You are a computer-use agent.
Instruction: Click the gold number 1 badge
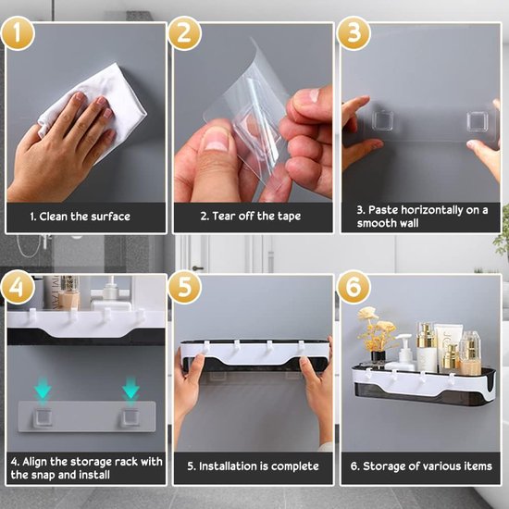18,33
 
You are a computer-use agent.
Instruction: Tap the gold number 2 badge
185,33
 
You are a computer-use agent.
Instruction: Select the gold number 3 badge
354,33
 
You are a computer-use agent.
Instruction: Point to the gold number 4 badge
18,287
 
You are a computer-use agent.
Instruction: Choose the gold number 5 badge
185,287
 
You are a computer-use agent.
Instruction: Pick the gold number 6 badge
354,287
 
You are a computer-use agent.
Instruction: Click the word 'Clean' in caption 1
54,217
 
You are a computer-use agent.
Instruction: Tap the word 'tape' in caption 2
289,217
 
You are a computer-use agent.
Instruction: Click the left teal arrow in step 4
43,389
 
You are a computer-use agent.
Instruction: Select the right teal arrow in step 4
130,389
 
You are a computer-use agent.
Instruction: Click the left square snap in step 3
383,120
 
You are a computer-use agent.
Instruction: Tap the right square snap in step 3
478,122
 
